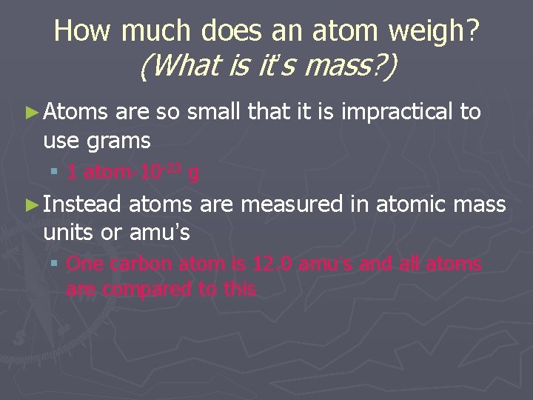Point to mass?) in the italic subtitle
tap(349, 67)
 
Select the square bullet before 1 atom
tap(54, 173)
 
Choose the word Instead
tap(83, 204)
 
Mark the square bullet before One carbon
tap(54, 264)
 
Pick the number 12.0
tap(274, 264)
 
